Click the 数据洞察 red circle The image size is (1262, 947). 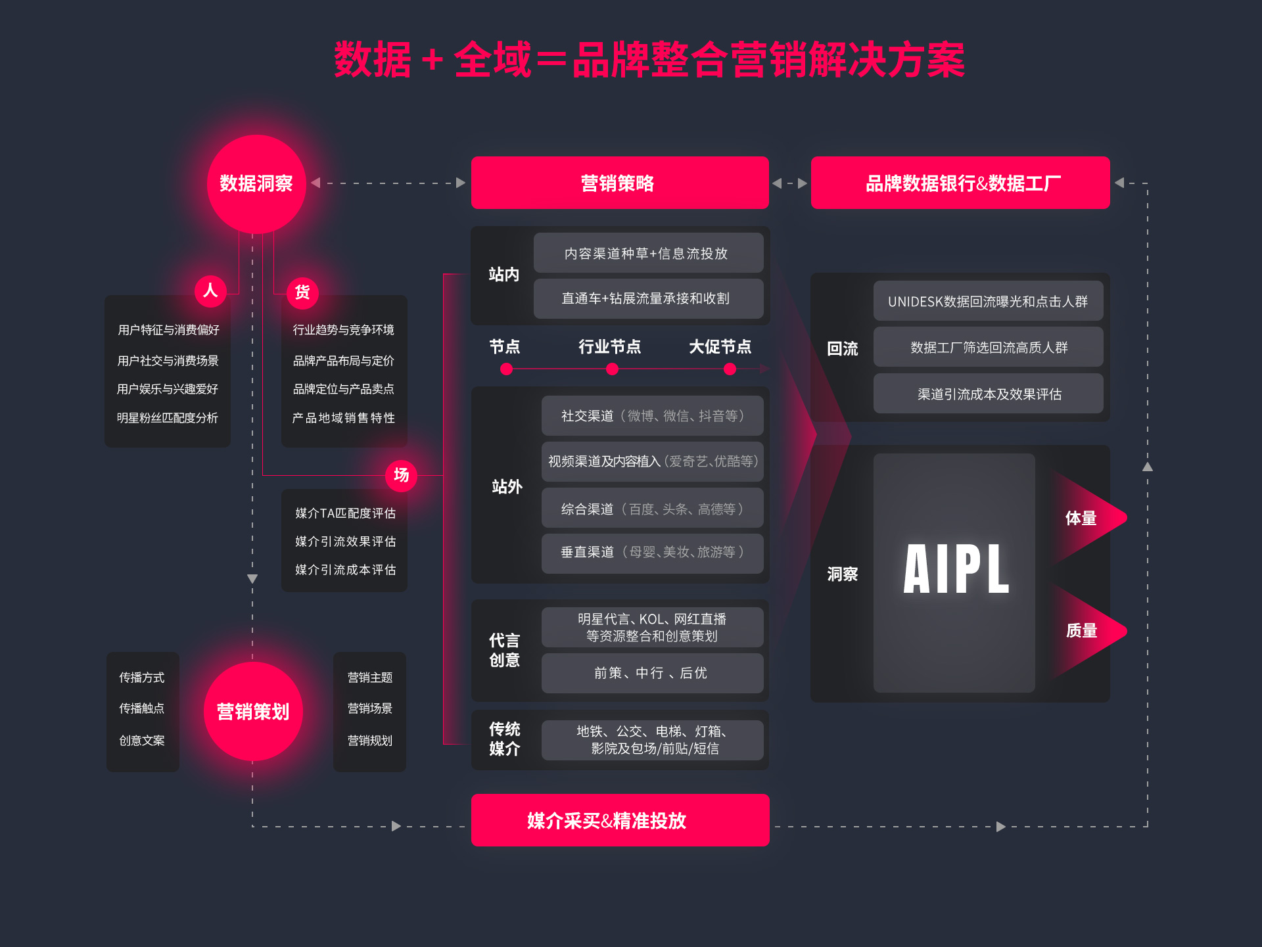point(256,184)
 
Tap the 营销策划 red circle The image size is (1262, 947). point(253,711)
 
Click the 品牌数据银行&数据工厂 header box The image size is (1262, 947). point(960,183)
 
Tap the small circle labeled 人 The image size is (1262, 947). point(210,290)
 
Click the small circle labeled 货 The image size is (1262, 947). point(302,292)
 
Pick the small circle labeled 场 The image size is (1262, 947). point(401,474)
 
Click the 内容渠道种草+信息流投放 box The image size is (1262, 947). point(647,253)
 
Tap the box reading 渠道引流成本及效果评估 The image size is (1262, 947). point(988,394)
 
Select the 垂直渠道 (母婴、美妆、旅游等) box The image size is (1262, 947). point(652,552)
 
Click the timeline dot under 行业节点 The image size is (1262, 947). point(612,369)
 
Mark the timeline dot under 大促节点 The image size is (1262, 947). point(730,369)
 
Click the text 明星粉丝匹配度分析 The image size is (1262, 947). point(168,418)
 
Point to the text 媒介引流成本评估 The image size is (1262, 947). point(345,570)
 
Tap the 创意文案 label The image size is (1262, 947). point(142,741)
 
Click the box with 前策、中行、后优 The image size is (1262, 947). point(651,673)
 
